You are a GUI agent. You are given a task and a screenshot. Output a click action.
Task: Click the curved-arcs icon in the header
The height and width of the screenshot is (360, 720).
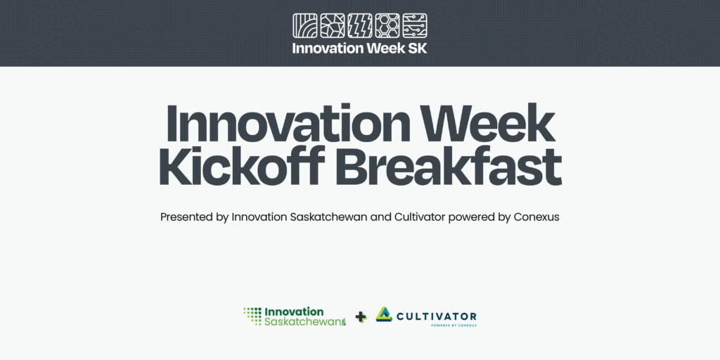pos(304,26)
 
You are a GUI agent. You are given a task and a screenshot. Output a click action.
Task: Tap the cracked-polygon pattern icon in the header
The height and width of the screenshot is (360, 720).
pos(332,26)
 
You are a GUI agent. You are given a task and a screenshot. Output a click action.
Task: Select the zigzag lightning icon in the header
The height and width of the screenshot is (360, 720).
pos(359,26)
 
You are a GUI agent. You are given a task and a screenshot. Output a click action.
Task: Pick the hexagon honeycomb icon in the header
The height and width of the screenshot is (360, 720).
pos(387,26)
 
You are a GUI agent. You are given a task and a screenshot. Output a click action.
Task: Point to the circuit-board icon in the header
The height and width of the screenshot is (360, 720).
pos(415,26)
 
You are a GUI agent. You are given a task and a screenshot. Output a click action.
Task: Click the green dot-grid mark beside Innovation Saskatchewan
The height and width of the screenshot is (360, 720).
pos(252,316)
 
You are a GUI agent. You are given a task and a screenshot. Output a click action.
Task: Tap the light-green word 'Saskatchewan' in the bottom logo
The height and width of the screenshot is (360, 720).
pos(305,322)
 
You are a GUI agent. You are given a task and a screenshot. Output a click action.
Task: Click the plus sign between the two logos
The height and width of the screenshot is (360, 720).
pos(361,317)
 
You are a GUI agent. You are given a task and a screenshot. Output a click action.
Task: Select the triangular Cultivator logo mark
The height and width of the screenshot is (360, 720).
pos(384,314)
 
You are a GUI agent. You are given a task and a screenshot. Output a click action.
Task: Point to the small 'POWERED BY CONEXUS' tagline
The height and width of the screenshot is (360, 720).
pos(454,326)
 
